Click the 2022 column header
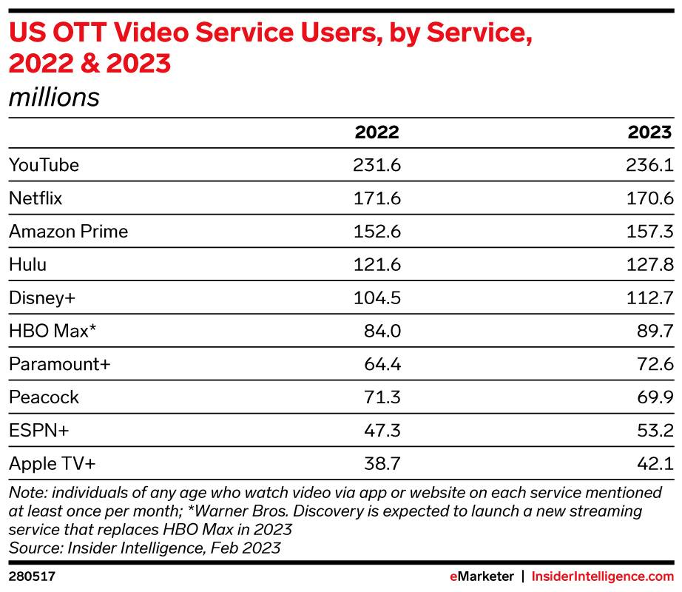(x=377, y=132)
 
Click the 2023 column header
(x=650, y=132)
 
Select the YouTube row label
(x=44, y=165)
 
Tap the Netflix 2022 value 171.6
(x=377, y=198)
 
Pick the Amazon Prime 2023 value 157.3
(x=650, y=232)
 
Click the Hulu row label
(x=29, y=265)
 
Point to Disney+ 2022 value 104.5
(x=377, y=297)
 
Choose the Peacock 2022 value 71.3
(x=381, y=397)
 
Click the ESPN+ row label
(x=38, y=431)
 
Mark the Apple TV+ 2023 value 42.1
(x=655, y=464)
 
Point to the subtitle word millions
(x=53, y=97)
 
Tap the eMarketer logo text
(x=483, y=575)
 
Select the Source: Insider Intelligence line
(x=144, y=548)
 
